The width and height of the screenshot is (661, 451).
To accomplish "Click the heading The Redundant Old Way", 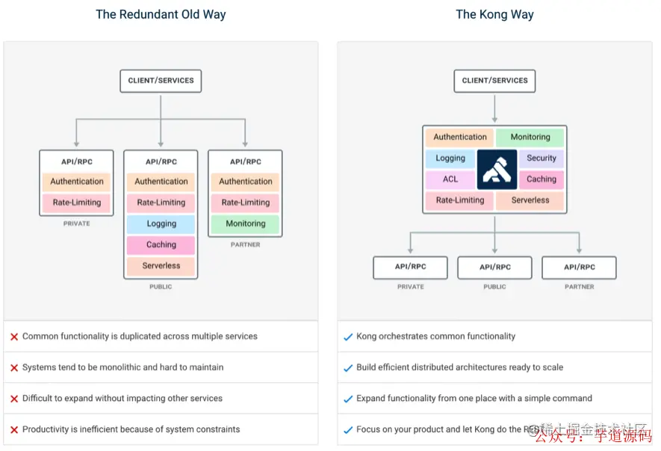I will (x=161, y=14).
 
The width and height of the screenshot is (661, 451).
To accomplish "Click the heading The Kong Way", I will (x=494, y=14).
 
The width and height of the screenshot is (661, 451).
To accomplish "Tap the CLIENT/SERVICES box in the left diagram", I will (x=161, y=81).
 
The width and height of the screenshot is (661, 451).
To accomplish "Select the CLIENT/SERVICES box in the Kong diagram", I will (x=494, y=81).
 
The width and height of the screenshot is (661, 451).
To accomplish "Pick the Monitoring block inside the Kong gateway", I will (x=530, y=138).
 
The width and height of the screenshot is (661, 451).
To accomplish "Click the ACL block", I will (x=450, y=180).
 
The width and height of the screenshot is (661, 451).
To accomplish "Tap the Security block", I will (x=541, y=159).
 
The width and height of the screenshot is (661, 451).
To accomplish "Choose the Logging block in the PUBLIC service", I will (x=161, y=224).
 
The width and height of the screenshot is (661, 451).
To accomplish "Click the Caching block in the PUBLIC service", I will (x=161, y=245).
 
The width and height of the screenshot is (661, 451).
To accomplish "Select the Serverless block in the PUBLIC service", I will (x=161, y=266).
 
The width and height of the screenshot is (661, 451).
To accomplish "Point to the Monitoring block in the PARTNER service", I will (x=246, y=224).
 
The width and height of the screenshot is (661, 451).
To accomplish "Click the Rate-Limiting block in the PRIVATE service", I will (x=77, y=203).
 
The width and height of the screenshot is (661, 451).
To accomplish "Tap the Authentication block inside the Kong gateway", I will (x=460, y=138).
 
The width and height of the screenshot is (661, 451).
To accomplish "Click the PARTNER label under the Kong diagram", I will (x=580, y=286).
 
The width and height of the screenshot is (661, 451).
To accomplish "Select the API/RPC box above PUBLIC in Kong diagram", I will (x=494, y=267).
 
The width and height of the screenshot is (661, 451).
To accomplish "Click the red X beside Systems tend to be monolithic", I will (x=14, y=368).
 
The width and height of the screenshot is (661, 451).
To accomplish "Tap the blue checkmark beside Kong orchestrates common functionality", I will (x=347, y=337).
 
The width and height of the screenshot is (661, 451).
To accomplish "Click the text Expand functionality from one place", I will (x=474, y=399).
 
